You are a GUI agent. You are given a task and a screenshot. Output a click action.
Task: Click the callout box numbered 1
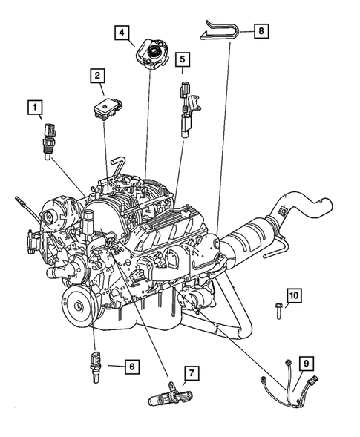(35, 109)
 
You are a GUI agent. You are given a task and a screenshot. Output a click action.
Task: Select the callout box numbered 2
(97, 75)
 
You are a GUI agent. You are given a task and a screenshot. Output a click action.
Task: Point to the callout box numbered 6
(130, 366)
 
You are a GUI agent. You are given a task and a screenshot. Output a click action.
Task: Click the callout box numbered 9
(304, 364)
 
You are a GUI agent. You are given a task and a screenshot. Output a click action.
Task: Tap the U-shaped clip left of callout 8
(221, 31)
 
